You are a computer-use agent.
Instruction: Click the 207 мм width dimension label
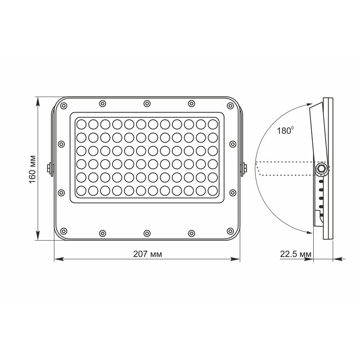148,254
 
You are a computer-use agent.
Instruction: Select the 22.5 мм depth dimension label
296,254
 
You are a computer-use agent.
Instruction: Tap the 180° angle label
285,131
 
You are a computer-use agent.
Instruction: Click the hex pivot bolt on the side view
321,168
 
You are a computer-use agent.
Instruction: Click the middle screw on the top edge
147,104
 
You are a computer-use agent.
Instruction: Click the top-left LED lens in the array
81,123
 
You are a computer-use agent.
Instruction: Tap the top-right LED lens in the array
212,123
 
